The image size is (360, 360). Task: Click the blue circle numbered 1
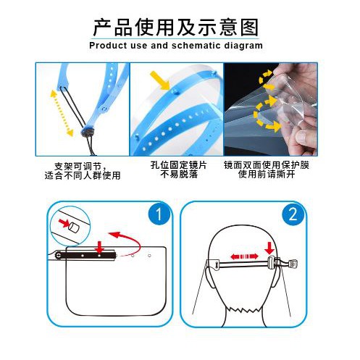coord(159,214)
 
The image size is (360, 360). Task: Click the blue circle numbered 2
coord(293,214)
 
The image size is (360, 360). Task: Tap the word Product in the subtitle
coord(108,46)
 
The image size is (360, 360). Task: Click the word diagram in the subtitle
coord(243,46)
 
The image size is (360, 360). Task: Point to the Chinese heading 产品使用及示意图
coord(176,28)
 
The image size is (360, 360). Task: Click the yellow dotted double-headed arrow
coord(62,113)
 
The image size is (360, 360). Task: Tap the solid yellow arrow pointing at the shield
coord(159,80)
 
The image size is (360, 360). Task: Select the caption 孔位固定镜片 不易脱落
coord(179,169)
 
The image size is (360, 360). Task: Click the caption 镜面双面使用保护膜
coord(267,165)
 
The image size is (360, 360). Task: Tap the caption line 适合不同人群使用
coord(83,175)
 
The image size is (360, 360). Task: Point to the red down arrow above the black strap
coord(99,246)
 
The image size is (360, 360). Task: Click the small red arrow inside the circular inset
coord(64,222)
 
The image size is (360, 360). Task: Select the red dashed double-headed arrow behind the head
coord(244,256)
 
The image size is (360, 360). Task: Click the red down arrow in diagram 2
coord(269,248)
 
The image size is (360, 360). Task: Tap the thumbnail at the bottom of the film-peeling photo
coord(301,137)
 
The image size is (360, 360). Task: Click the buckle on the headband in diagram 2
coord(272,264)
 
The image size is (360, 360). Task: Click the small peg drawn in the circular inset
coord(74,227)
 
